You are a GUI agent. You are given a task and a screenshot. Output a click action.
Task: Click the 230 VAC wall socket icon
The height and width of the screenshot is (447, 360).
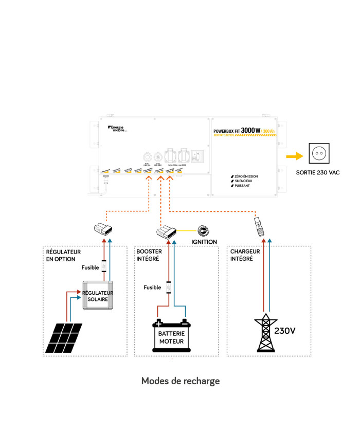click(x=318, y=153)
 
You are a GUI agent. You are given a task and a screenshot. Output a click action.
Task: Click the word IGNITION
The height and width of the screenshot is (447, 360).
click(x=204, y=242)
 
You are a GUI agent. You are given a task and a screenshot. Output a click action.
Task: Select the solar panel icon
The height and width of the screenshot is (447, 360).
click(x=63, y=337)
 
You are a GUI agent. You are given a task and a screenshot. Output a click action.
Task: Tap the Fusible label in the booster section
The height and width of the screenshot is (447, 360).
click(x=152, y=288)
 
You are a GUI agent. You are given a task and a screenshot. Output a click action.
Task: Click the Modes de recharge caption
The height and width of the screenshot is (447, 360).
click(x=180, y=381)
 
